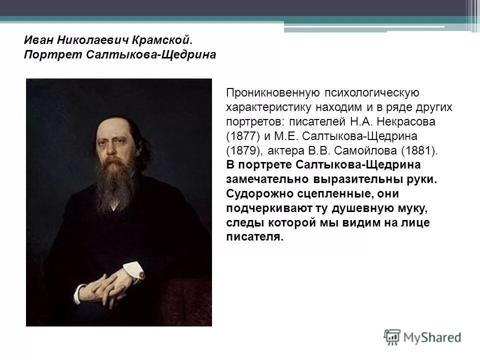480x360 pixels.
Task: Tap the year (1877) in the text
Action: (x=242, y=136)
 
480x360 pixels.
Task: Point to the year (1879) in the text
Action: (x=242, y=150)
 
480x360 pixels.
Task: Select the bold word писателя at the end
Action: (x=255, y=236)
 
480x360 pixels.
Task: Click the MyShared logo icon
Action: (x=392, y=336)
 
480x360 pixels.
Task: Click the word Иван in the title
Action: (x=37, y=39)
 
